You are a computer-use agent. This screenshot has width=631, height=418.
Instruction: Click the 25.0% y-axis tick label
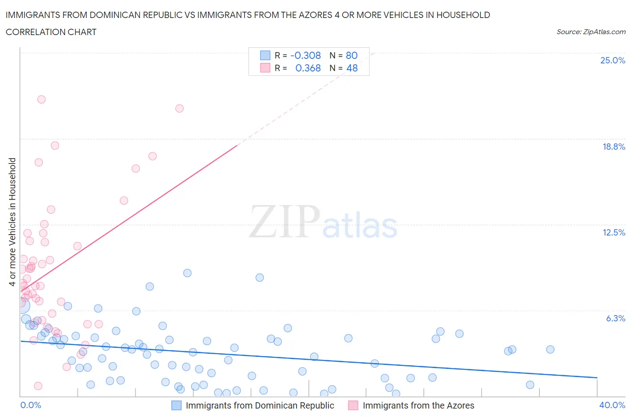(613, 60)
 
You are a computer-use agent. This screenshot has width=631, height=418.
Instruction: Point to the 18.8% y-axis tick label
(613, 147)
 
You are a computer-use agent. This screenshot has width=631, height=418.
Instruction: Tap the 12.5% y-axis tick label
(613, 232)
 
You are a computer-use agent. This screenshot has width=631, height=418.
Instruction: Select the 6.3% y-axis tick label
(615, 318)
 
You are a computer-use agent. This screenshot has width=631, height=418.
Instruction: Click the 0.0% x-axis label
(31, 405)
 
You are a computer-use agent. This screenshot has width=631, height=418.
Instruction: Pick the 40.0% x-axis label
(612, 405)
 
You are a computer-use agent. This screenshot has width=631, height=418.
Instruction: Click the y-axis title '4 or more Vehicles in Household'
(13, 222)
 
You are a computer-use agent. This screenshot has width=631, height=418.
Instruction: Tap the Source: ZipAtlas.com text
(591, 32)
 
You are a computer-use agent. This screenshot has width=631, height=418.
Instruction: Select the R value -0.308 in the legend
(306, 55)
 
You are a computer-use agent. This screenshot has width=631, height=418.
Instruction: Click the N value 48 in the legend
(352, 68)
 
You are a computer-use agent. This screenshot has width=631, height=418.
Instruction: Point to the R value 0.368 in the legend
(308, 68)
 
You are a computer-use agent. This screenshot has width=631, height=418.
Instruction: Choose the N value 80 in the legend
(351, 55)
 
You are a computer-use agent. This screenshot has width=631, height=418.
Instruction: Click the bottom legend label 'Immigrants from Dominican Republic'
(260, 405)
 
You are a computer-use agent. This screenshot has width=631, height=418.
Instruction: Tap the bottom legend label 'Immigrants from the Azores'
(418, 405)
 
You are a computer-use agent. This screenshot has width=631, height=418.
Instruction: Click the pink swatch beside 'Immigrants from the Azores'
(353, 405)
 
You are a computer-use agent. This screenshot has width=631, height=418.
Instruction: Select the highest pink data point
(41, 99)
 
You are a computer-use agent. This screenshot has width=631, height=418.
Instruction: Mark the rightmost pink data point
(180, 108)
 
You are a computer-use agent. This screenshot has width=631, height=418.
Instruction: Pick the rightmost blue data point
(550, 350)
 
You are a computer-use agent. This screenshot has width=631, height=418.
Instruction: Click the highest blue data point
(188, 273)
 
